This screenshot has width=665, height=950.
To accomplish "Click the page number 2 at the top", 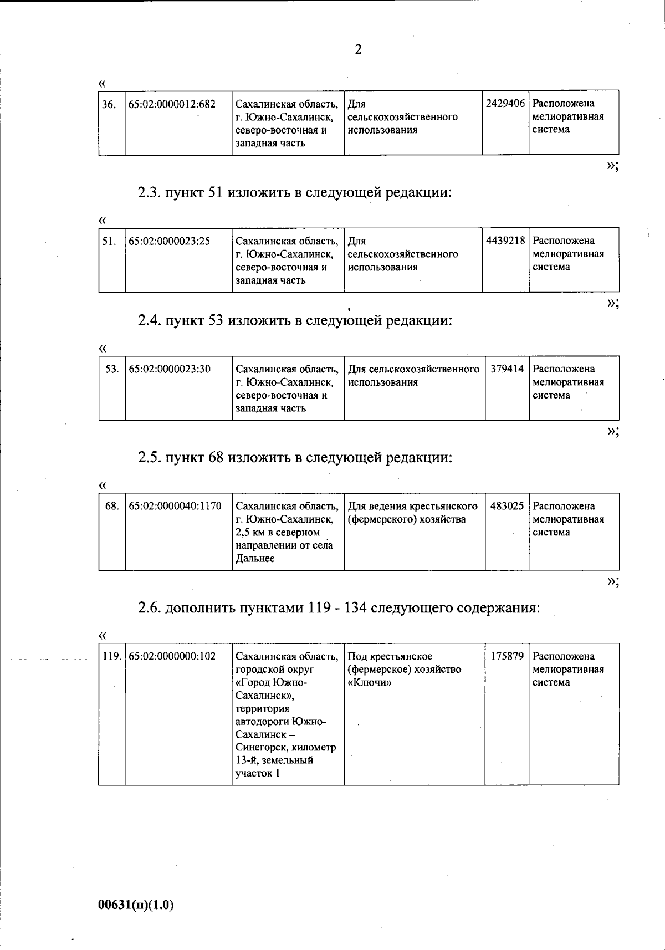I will [358, 50].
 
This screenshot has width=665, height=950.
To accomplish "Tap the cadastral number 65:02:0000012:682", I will [172, 104].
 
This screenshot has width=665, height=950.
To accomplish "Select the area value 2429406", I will [505, 104].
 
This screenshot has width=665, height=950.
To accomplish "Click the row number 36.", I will [109, 104].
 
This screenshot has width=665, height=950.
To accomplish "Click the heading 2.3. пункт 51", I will [294, 193].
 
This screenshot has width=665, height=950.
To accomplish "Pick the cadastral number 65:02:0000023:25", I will [169, 241].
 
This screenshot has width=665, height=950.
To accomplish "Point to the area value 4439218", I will [505, 241].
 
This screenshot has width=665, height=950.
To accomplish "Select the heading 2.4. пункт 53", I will [294, 320].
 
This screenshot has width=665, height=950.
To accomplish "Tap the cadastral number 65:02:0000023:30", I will [169, 369].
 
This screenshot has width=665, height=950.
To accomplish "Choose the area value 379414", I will [507, 369].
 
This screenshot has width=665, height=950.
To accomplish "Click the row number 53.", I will [111, 369].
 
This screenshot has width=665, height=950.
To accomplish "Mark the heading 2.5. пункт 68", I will [294, 458].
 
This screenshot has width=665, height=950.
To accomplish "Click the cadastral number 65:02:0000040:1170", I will [175, 506].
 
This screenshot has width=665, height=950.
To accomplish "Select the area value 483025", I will [507, 506].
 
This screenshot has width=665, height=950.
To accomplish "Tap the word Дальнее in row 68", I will [255, 559].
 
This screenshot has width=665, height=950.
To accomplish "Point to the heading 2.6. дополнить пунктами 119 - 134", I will [338, 608].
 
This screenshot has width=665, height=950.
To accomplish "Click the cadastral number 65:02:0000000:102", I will [172, 656].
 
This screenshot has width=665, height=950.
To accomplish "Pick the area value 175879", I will [507, 656].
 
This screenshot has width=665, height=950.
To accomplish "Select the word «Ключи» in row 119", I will [369, 682].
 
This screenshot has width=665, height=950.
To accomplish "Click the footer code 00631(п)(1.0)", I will [136, 905].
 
